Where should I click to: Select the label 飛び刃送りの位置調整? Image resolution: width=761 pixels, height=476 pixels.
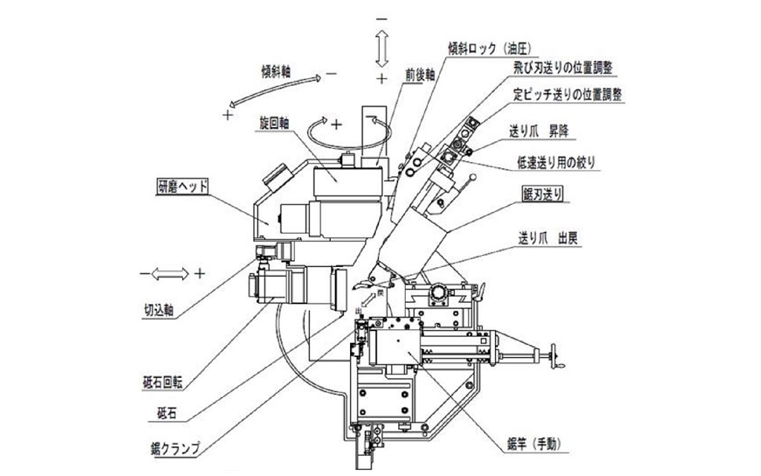pos(566,69)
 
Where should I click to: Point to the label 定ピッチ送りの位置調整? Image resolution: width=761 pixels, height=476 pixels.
pos(568,94)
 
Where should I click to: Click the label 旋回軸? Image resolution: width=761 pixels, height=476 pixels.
pos(271,121)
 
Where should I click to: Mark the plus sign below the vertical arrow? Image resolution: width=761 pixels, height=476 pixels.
pos(382,78)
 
